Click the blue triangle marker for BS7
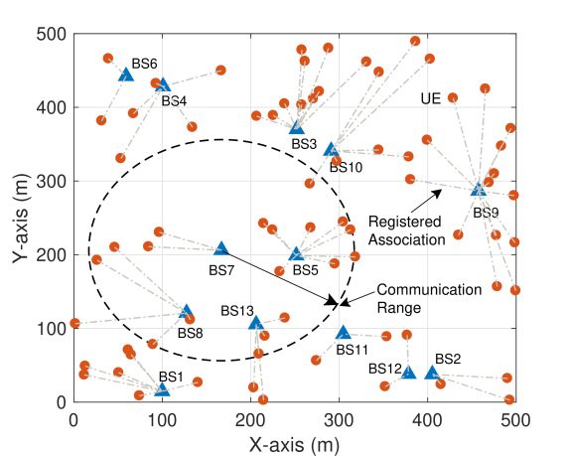click(221, 248)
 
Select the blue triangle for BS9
click(479, 189)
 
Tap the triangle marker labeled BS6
click(126, 75)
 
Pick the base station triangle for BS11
click(344, 332)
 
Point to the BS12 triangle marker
click(408, 372)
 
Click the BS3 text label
click(304, 144)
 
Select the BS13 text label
click(237, 311)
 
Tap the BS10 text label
click(346, 167)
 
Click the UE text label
click(431, 98)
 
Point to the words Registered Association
click(406, 230)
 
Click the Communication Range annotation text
click(429, 299)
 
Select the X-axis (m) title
click(294, 445)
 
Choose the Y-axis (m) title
click(20, 218)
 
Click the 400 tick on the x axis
click(427, 420)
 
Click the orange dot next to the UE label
click(453, 97)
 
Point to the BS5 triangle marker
click(296, 253)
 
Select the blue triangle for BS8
click(186, 311)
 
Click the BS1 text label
click(171, 377)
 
